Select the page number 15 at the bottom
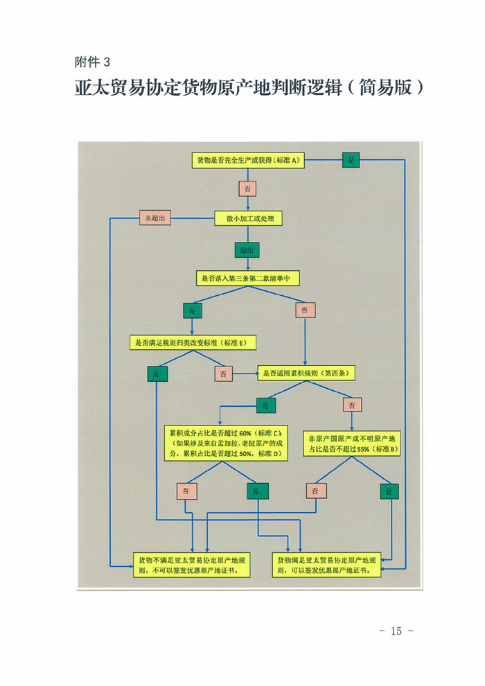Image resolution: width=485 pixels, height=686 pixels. click(x=396, y=631)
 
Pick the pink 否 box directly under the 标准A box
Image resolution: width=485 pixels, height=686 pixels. click(x=247, y=188)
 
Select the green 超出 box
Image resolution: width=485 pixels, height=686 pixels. click(x=247, y=249)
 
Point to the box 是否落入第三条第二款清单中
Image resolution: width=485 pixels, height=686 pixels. click(x=248, y=279)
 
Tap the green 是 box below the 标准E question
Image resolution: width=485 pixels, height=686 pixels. click(x=156, y=373)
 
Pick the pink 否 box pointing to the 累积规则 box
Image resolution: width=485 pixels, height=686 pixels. click(x=223, y=373)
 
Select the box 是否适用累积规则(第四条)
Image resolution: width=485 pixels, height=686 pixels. click(x=306, y=373)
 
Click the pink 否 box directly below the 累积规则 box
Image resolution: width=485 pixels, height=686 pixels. click(x=351, y=405)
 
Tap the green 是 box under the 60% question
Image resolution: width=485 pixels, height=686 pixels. click(x=257, y=491)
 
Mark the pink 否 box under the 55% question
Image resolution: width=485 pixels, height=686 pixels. click(x=315, y=491)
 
